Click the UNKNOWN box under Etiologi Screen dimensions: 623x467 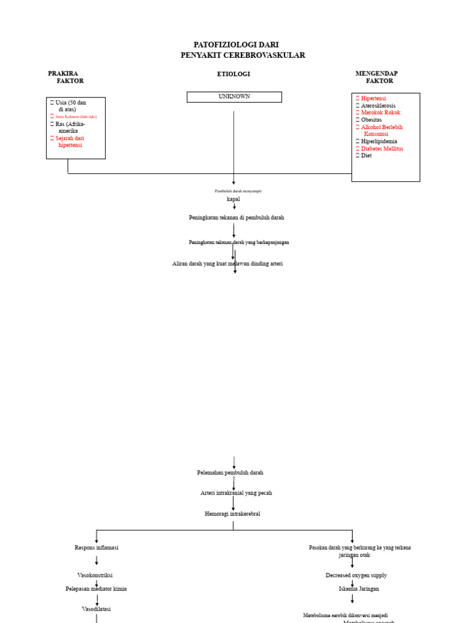[x=234, y=97]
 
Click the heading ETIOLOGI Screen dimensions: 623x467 [x=233, y=74]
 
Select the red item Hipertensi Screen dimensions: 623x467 [x=373, y=98]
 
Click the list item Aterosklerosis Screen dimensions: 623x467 [x=378, y=105]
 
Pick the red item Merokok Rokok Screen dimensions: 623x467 [x=381, y=113]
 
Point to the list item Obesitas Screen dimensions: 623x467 [x=372, y=120]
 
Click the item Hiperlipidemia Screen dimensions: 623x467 [x=379, y=141]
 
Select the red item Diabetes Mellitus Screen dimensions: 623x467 [x=382, y=148]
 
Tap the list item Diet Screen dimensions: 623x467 [x=366, y=156]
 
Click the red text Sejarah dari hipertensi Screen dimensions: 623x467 [x=70, y=142]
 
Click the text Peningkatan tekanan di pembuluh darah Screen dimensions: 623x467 [x=236, y=217]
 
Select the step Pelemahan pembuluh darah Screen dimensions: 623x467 [x=230, y=472]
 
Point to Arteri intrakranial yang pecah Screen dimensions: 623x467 [x=236, y=493]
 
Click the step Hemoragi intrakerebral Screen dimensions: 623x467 [x=232, y=514]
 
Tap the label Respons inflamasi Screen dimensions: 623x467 [x=97, y=548]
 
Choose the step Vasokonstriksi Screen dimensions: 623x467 [x=95, y=575]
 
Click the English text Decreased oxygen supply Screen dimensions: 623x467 [x=356, y=575]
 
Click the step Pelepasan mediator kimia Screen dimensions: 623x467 [x=96, y=589]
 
